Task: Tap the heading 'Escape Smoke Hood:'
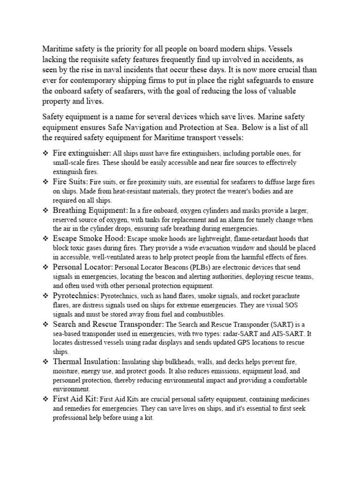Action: click(89, 239)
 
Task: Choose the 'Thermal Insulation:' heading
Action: click(86, 361)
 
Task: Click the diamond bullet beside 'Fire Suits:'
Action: click(45, 181)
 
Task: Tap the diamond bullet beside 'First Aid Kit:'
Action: click(45, 399)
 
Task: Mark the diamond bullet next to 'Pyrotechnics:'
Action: click(45, 296)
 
